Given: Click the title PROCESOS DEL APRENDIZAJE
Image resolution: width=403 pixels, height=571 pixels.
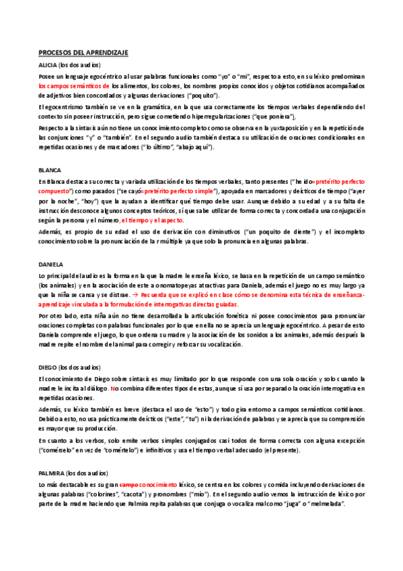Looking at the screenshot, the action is [x=83, y=52].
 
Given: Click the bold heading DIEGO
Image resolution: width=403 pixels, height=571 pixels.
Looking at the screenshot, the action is [x=48, y=368].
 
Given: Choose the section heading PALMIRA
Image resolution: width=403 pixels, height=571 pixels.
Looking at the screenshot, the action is [x=52, y=473].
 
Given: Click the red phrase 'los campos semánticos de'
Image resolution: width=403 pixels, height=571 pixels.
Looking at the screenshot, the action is [x=73, y=86].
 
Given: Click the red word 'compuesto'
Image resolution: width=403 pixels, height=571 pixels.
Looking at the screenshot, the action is [x=57, y=191].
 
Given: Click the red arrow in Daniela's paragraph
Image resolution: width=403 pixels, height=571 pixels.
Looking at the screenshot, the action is [x=248, y=295].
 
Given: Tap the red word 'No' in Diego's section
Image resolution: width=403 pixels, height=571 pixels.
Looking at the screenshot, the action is [x=114, y=389].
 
